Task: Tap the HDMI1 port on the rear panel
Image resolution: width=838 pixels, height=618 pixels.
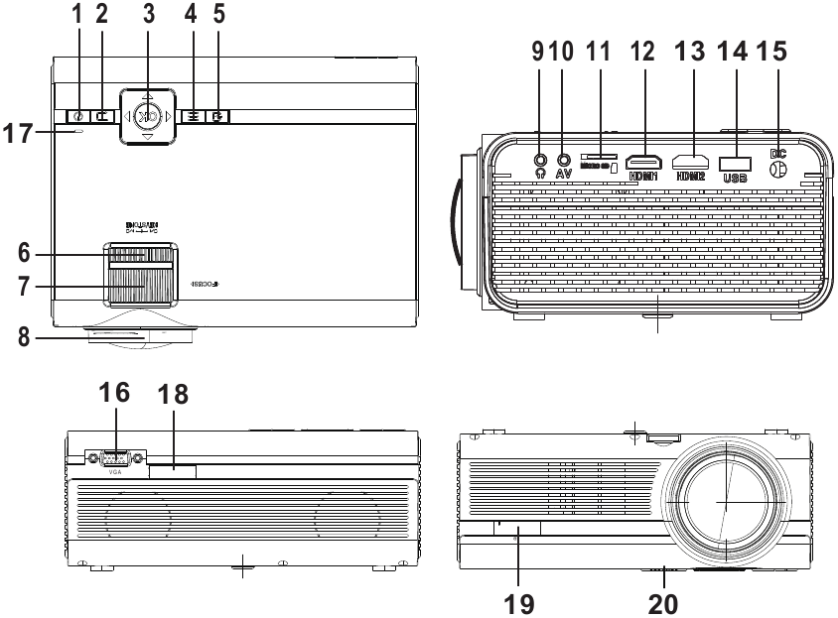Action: coord(646,159)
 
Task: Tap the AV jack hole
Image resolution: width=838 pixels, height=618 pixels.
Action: coord(565,157)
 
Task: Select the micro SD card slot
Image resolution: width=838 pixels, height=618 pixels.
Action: coord(598,157)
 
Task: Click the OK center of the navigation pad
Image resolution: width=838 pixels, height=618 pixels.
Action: coord(146,116)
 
